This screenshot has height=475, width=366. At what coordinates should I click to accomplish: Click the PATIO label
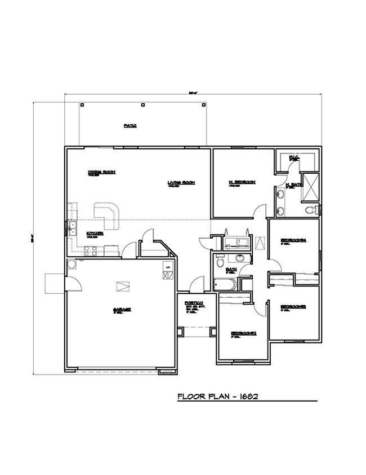[131, 126]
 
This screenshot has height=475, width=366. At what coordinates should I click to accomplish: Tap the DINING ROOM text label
[101, 173]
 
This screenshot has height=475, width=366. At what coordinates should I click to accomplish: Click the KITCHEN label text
[94, 233]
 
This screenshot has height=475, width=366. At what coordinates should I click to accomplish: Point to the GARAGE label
[122, 310]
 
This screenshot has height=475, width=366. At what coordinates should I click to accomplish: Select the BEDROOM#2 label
[244, 333]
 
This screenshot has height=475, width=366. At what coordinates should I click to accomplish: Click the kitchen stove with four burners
[91, 250]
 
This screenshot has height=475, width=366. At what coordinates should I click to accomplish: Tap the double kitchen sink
[72, 228]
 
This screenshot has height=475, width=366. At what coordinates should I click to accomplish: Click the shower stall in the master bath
[311, 186]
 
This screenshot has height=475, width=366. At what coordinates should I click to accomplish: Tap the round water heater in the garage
[72, 265]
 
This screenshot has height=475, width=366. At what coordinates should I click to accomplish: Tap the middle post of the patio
[142, 104]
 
